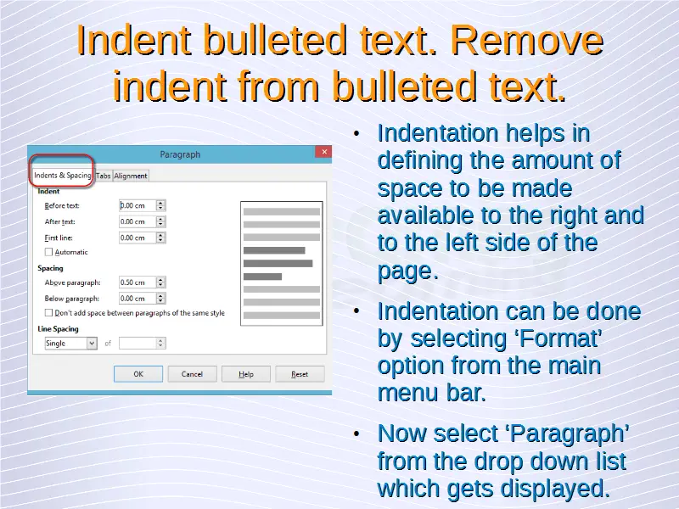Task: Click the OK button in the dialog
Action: click(138, 374)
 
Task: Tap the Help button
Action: click(246, 374)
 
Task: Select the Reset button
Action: click(300, 374)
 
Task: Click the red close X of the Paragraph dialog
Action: click(324, 152)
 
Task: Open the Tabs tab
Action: click(103, 176)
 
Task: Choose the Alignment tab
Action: click(131, 176)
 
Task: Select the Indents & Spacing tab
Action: click(62, 175)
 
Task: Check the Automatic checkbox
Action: click(48, 252)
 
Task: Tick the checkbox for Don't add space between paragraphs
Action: click(48, 312)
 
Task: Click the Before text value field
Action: click(137, 205)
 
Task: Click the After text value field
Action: click(137, 221)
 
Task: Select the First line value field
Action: click(137, 238)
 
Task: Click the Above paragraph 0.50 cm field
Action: click(137, 282)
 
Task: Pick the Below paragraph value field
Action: click(137, 299)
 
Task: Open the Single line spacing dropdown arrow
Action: click(92, 344)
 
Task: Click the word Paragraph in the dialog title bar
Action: click(180, 154)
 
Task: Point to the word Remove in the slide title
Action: click(526, 41)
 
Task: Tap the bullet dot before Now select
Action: click(356, 433)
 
